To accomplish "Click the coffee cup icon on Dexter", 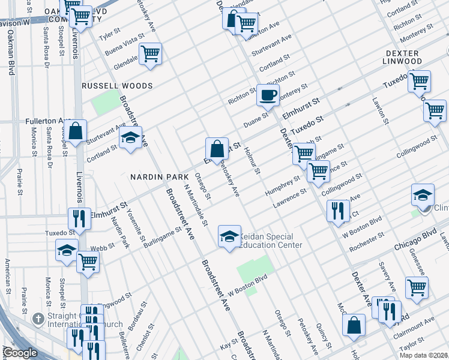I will (268, 95).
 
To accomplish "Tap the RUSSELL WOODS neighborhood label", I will (113, 86).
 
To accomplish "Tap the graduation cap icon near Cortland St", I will (130, 138).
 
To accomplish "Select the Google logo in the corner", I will (19, 352).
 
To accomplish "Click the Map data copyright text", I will (424, 355).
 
